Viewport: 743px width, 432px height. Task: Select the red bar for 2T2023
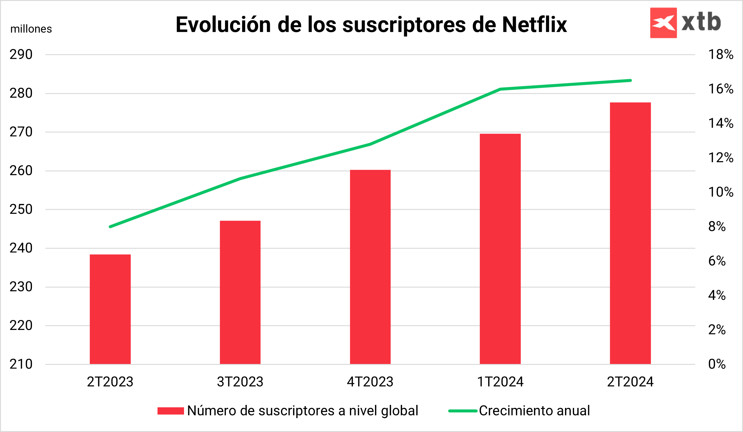110,309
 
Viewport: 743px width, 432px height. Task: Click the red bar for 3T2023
240,292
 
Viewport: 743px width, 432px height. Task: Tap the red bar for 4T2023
370,267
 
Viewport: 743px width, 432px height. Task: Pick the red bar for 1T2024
500,249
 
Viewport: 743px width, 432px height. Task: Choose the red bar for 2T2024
630,233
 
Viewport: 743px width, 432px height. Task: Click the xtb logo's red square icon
663,23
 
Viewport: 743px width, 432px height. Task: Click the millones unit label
31,29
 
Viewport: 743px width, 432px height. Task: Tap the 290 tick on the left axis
21,55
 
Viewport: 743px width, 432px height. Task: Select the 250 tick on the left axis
21,210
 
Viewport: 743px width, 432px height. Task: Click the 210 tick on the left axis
21,364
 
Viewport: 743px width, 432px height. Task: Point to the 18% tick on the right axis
720,55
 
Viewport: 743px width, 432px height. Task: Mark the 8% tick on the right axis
717,227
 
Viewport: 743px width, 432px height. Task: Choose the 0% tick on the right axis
717,364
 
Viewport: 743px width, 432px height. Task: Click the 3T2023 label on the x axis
240,382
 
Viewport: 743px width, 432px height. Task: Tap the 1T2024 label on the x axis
500,382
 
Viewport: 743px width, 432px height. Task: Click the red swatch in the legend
170,411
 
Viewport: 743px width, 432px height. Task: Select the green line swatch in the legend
463,411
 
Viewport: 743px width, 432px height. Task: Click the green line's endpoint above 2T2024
630,80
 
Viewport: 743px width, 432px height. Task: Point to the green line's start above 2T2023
110,227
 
